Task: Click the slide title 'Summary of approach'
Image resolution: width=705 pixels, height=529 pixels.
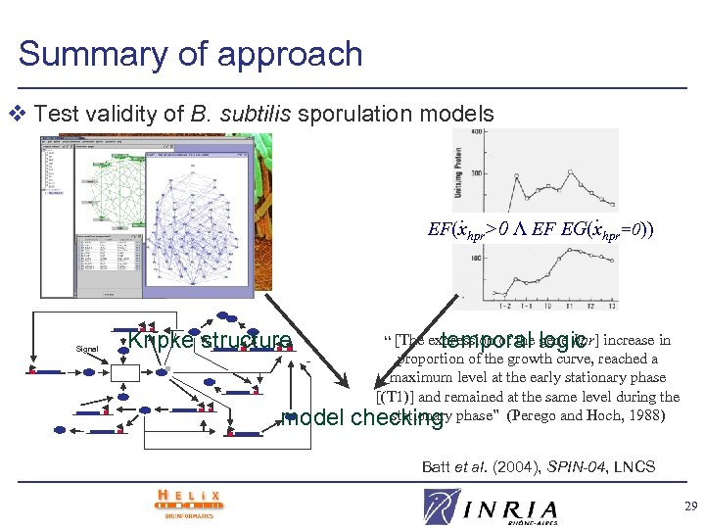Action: tap(190, 53)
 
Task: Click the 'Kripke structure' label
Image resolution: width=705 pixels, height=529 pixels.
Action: tap(210, 340)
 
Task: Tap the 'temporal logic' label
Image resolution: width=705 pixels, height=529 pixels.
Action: tap(513, 340)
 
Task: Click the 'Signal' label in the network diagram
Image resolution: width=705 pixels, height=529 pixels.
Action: tap(87, 349)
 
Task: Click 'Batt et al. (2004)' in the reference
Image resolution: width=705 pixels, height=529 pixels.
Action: tap(475, 466)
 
